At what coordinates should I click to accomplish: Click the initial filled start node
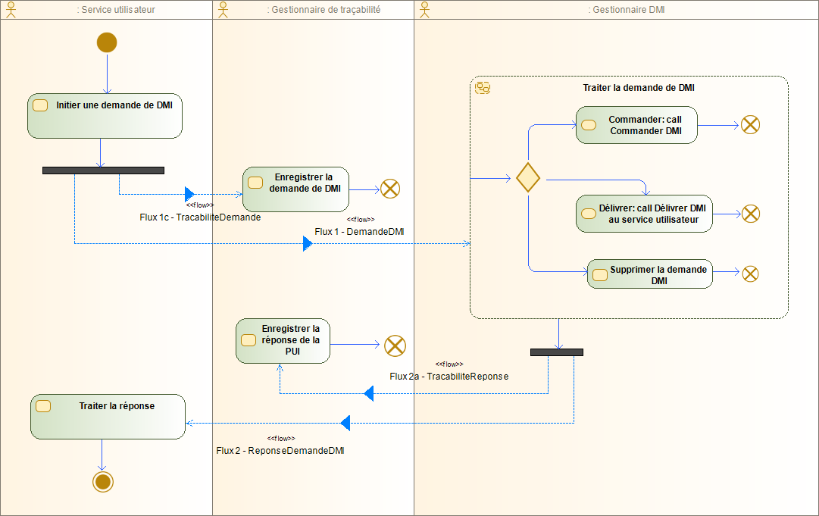click(x=107, y=43)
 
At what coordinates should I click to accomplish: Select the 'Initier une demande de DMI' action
click(x=105, y=116)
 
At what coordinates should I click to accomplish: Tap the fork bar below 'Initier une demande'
click(x=103, y=170)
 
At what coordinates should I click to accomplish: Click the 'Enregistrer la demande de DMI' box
click(x=295, y=189)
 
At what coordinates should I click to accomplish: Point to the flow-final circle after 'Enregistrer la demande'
click(x=390, y=189)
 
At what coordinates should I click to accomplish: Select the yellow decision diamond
click(x=527, y=178)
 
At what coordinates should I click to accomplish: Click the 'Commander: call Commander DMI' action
click(x=636, y=125)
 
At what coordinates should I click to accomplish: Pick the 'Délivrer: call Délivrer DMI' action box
click(x=644, y=214)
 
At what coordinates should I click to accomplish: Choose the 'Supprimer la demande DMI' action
click(x=649, y=274)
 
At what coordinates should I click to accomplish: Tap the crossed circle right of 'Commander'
click(x=750, y=125)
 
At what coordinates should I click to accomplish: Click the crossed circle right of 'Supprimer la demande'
click(x=750, y=274)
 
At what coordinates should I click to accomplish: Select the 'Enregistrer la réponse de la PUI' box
click(x=283, y=340)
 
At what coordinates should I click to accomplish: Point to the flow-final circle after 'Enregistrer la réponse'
click(x=395, y=346)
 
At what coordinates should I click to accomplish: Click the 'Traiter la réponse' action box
click(x=108, y=416)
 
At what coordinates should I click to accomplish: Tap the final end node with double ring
click(x=102, y=480)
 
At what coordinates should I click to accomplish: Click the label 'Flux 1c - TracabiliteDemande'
click(x=200, y=217)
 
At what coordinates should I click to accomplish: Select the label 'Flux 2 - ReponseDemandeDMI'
click(x=280, y=451)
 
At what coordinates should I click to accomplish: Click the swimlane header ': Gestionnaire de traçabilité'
click(x=324, y=10)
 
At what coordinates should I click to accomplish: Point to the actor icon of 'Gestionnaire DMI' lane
click(x=424, y=9)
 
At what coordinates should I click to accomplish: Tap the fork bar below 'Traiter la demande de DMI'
click(x=557, y=352)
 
